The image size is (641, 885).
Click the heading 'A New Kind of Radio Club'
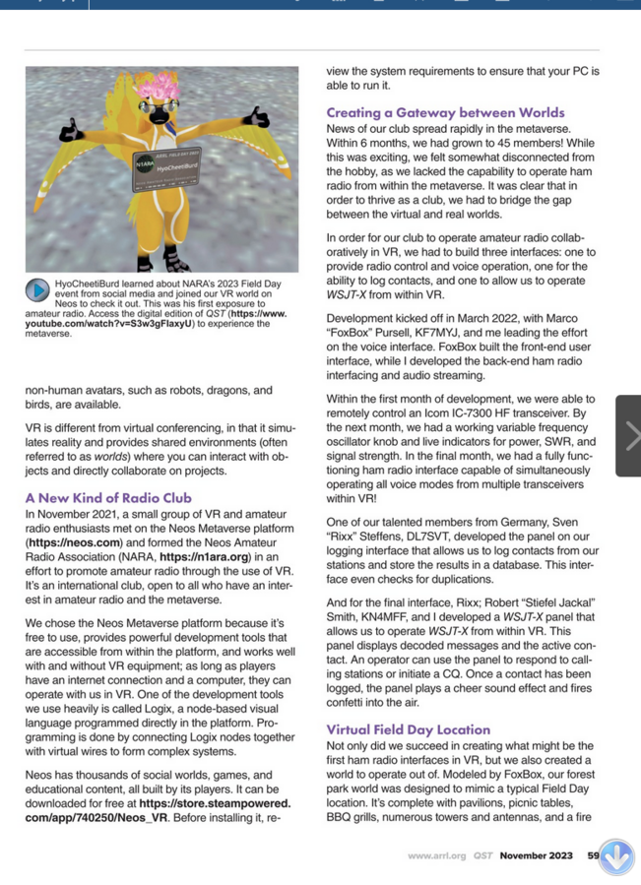[108, 498]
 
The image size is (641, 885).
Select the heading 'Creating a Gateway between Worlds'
[445, 112]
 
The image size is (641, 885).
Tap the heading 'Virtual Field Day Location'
[408, 729]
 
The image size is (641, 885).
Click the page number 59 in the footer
[593, 855]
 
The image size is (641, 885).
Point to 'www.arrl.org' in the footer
[437, 855]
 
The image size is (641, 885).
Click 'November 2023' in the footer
[536, 855]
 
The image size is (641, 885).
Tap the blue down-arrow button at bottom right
[617, 857]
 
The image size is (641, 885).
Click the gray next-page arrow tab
[628, 435]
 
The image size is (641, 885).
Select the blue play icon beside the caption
[37, 290]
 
